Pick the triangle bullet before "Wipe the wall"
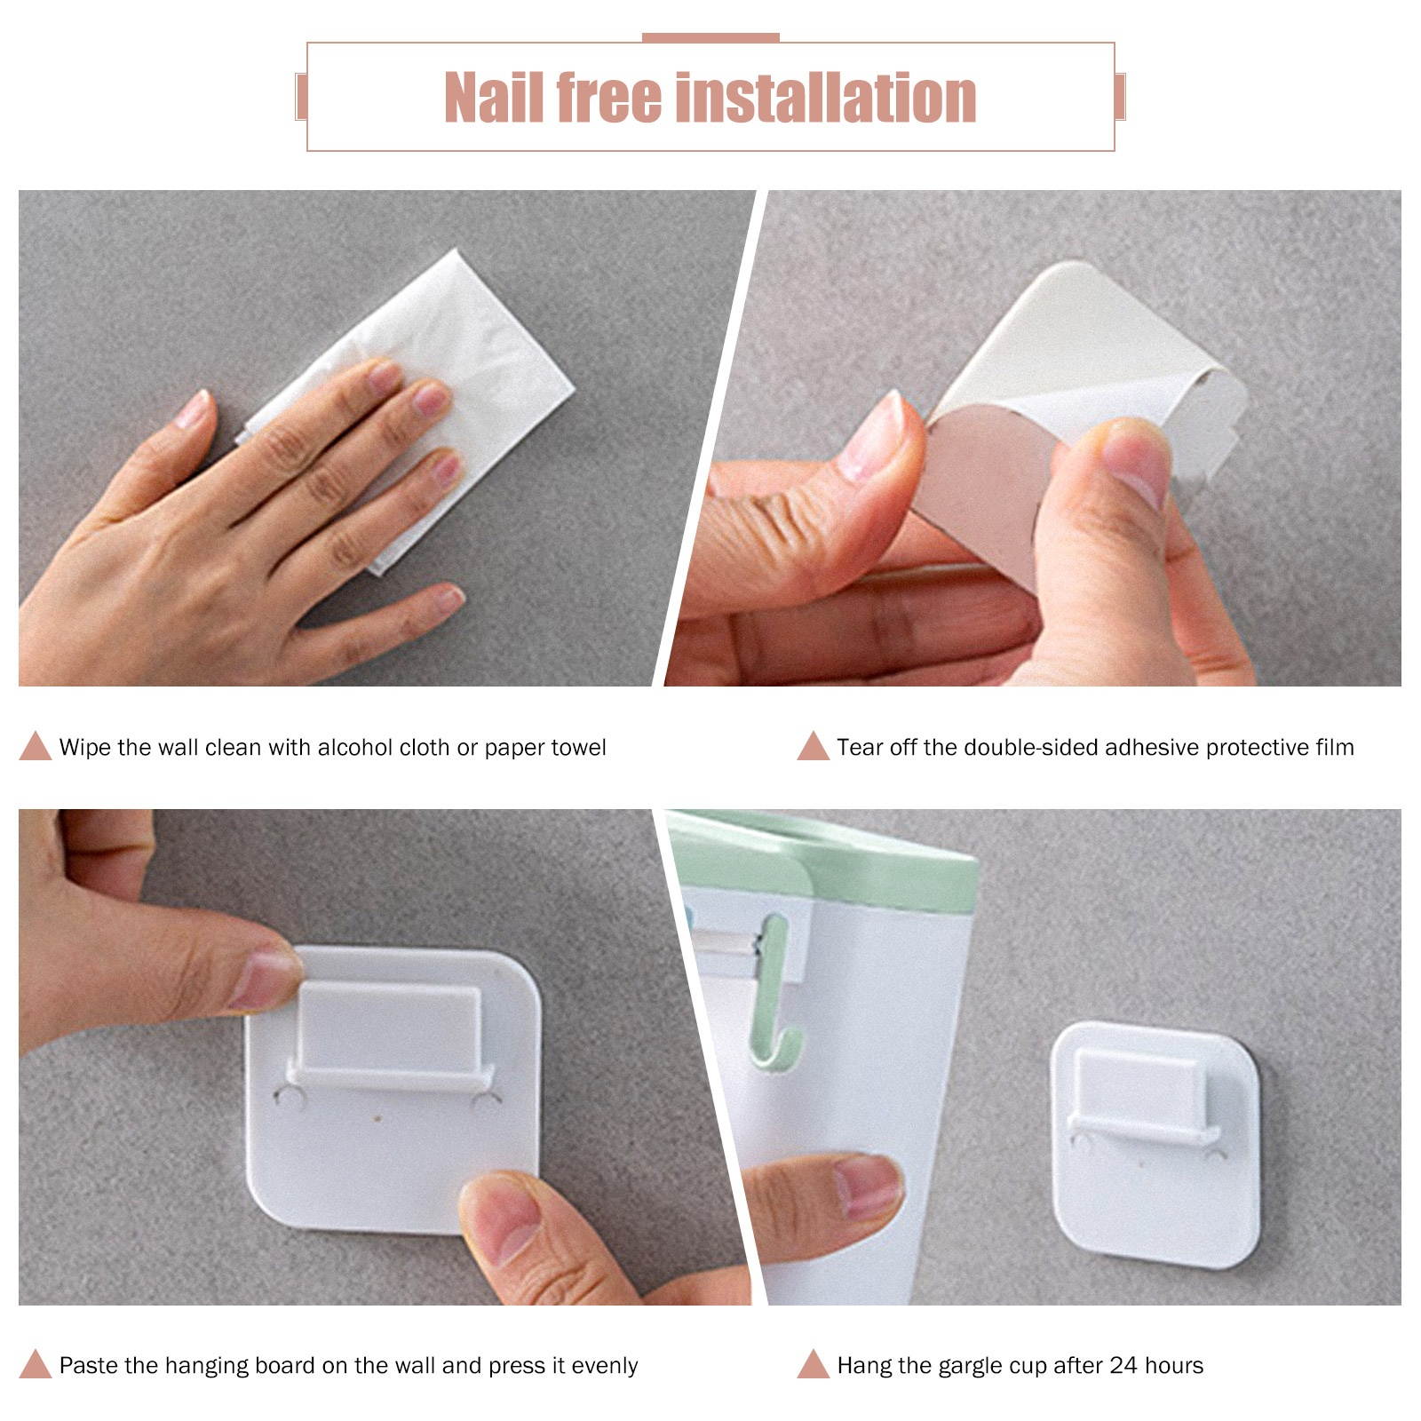[x=36, y=746]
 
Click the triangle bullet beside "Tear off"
[x=813, y=746]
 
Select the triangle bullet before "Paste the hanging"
[x=36, y=1364]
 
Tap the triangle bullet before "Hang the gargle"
[x=813, y=1364]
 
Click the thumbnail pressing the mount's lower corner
[x=502, y=1215]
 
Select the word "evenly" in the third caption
[x=605, y=1366]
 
